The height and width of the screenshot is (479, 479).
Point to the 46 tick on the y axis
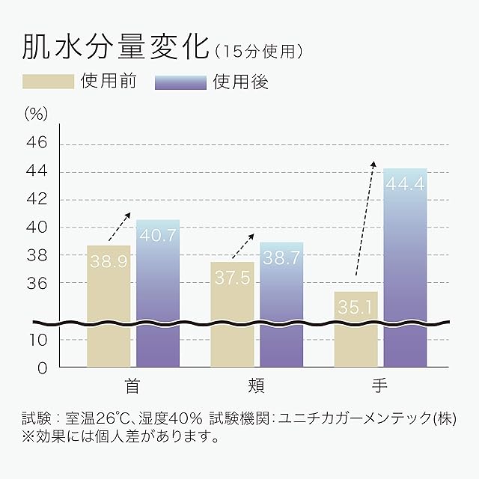(37, 143)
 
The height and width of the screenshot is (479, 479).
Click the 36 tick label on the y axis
(37, 284)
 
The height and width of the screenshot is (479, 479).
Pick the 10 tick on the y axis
(37, 340)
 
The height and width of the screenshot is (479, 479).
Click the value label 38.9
(109, 260)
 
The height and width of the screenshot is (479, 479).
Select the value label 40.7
(158, 235)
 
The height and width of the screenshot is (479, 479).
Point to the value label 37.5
(232, 278)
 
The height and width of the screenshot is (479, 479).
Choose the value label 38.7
(281, 258)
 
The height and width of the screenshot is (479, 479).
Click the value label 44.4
(405, 183)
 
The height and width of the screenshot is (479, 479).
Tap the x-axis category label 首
(132, 387)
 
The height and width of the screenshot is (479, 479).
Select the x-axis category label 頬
(256, 387)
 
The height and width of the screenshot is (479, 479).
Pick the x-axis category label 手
(380, 387)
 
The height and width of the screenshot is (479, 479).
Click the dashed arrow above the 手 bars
(364, 217)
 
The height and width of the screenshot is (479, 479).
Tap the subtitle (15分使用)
(258, 52)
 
